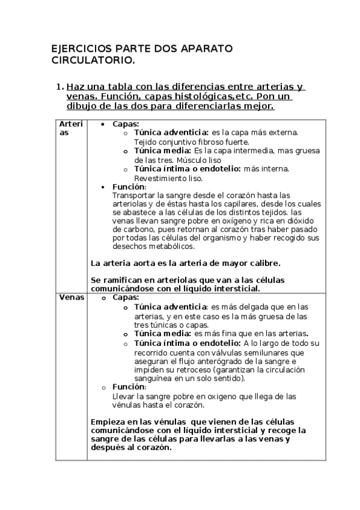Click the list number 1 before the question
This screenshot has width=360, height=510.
point(58,87)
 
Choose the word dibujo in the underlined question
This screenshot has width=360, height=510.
point(82,106)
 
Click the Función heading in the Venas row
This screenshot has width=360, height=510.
point(129,387)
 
